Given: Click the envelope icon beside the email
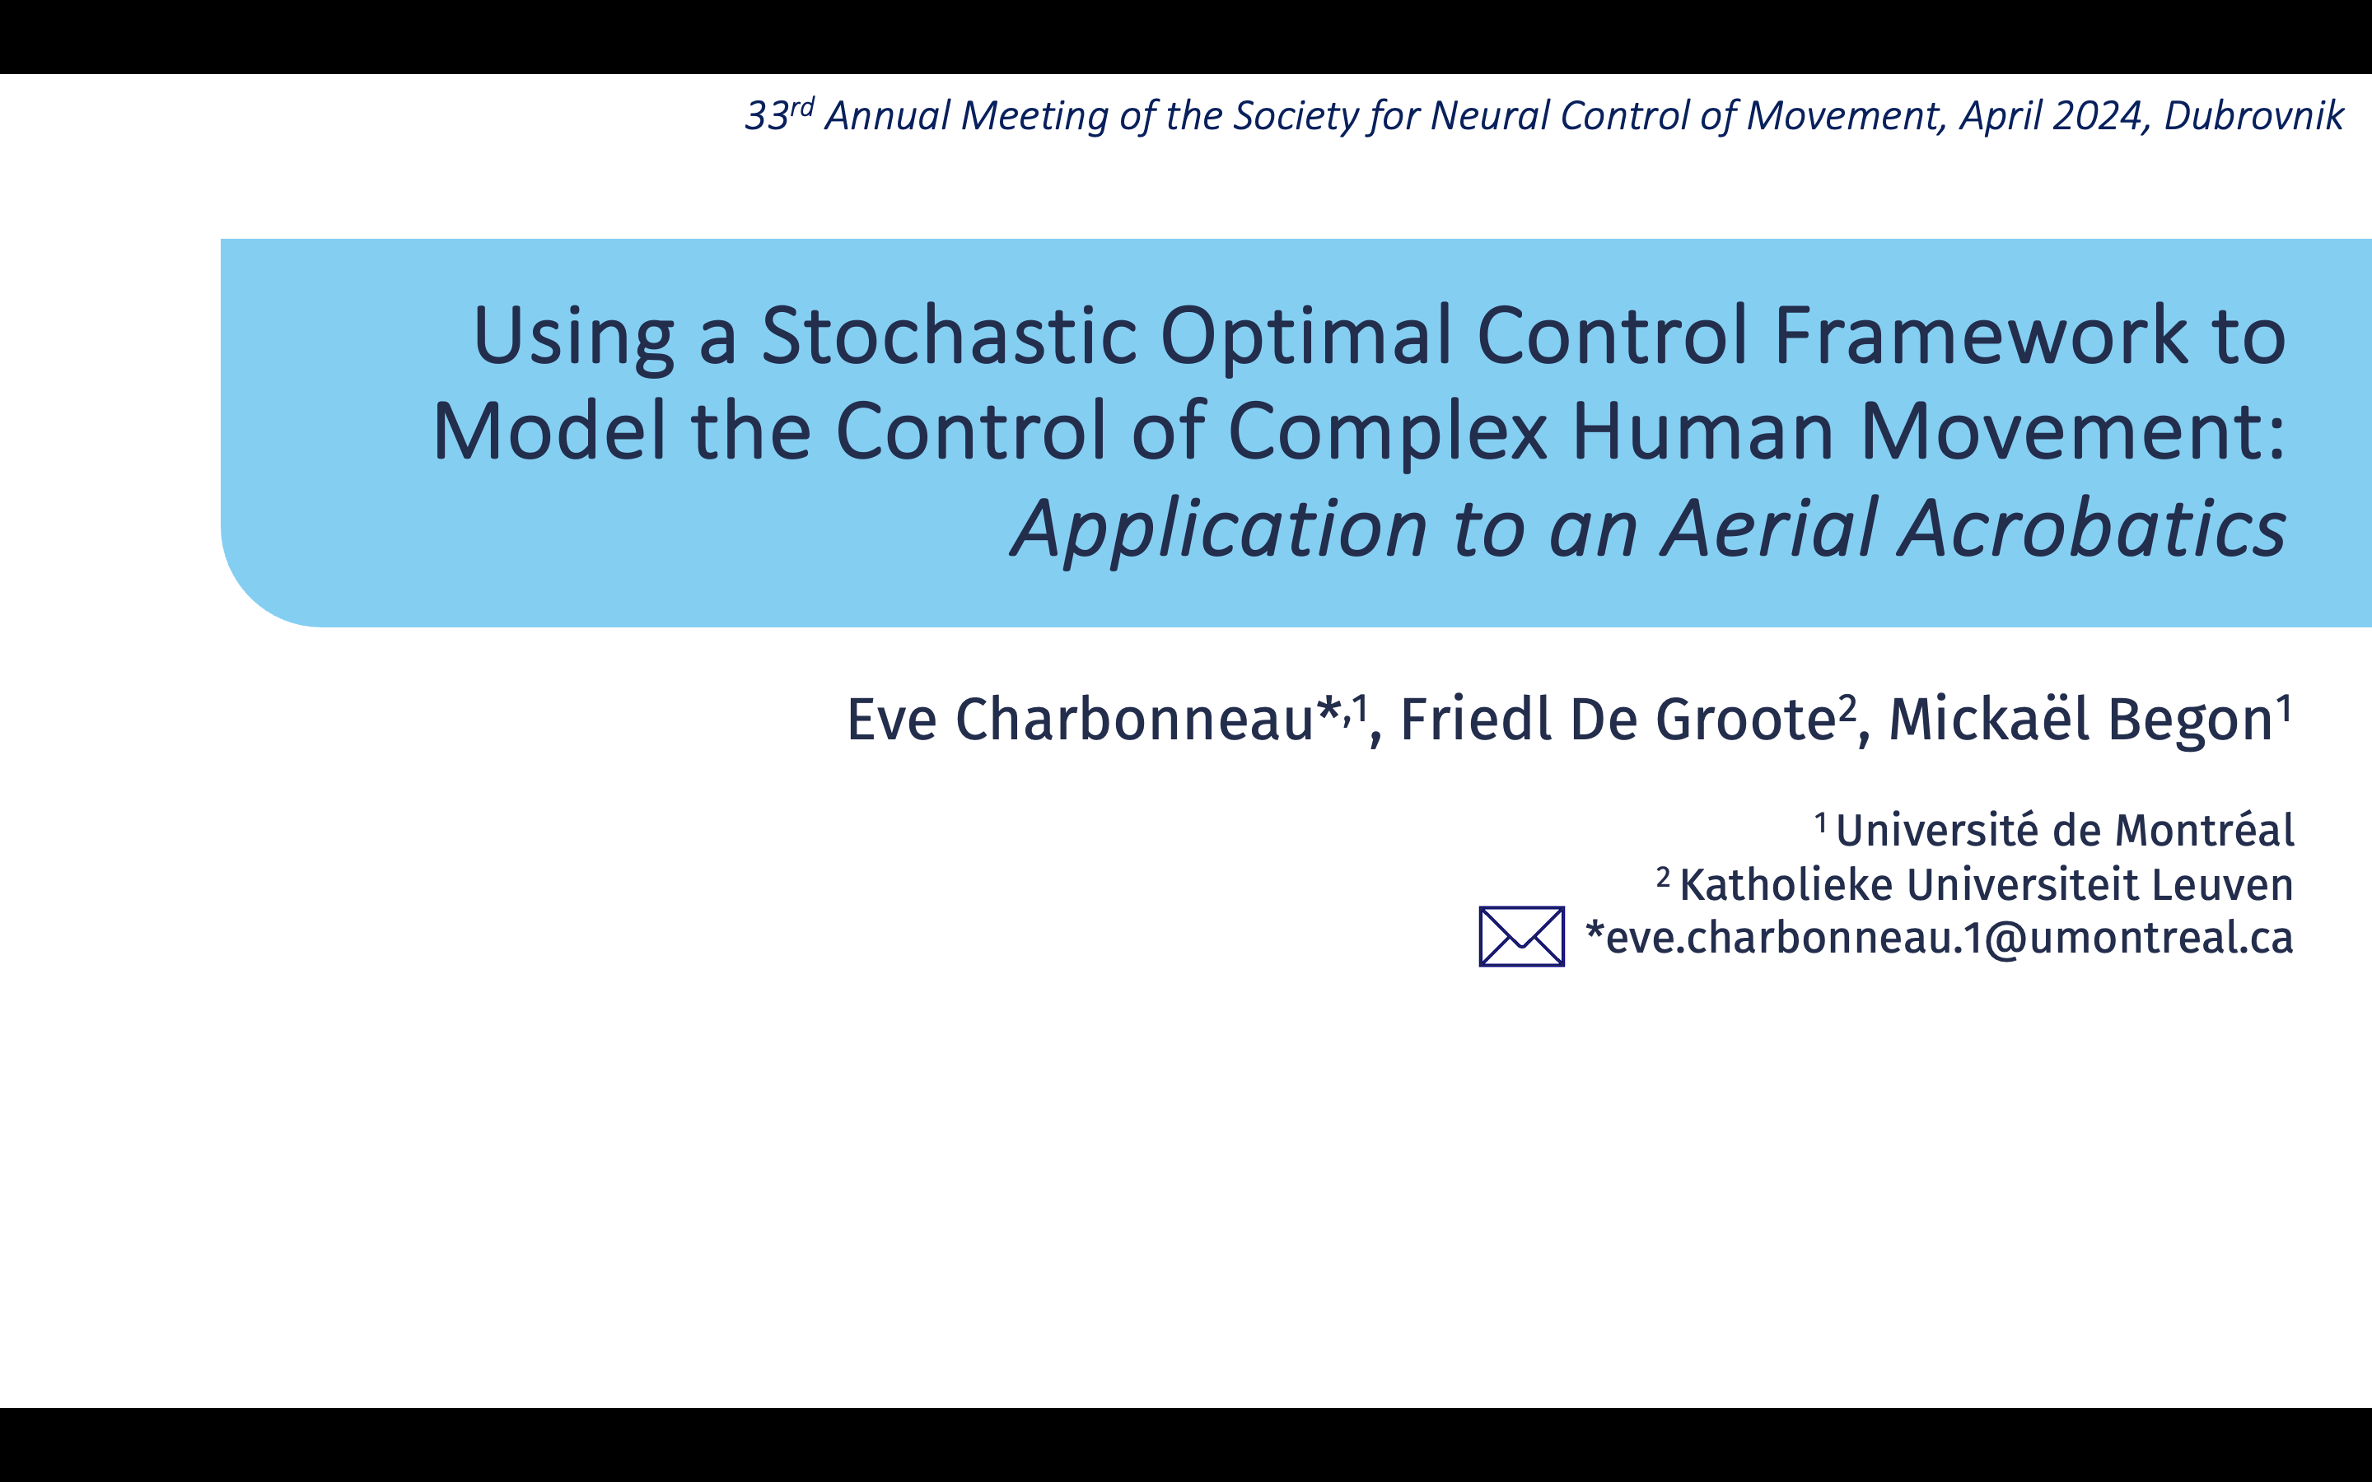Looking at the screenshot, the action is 1521,936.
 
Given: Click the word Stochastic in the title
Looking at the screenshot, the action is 949,335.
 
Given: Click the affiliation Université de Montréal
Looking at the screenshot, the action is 2064,830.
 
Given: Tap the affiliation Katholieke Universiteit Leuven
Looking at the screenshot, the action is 1987,884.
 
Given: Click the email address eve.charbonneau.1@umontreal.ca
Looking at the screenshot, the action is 1949,938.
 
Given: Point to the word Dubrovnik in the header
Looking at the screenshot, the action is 2253,115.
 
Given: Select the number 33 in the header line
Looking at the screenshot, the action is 767,115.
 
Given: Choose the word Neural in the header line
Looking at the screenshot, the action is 1489,115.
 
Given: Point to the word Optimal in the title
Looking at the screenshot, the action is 1306,335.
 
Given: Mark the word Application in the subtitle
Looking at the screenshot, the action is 1219,529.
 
